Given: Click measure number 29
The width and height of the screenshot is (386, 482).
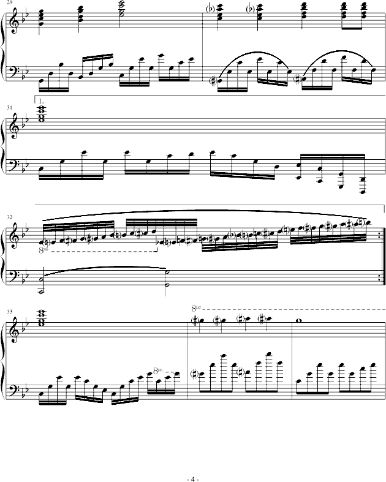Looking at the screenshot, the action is point(9,2).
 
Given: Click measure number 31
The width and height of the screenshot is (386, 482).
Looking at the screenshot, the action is point(10,108).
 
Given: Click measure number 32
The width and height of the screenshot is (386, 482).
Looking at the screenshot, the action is point(10,217).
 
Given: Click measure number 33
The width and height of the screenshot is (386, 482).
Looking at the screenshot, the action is point(10,312).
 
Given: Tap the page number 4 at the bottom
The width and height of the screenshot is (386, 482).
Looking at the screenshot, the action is point(193,479).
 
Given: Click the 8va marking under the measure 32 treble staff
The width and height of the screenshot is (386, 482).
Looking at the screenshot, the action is point(44,250).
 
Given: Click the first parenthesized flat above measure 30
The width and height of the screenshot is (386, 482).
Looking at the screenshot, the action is point(211,9).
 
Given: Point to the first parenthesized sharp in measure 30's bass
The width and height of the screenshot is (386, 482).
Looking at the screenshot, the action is point(211,81).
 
